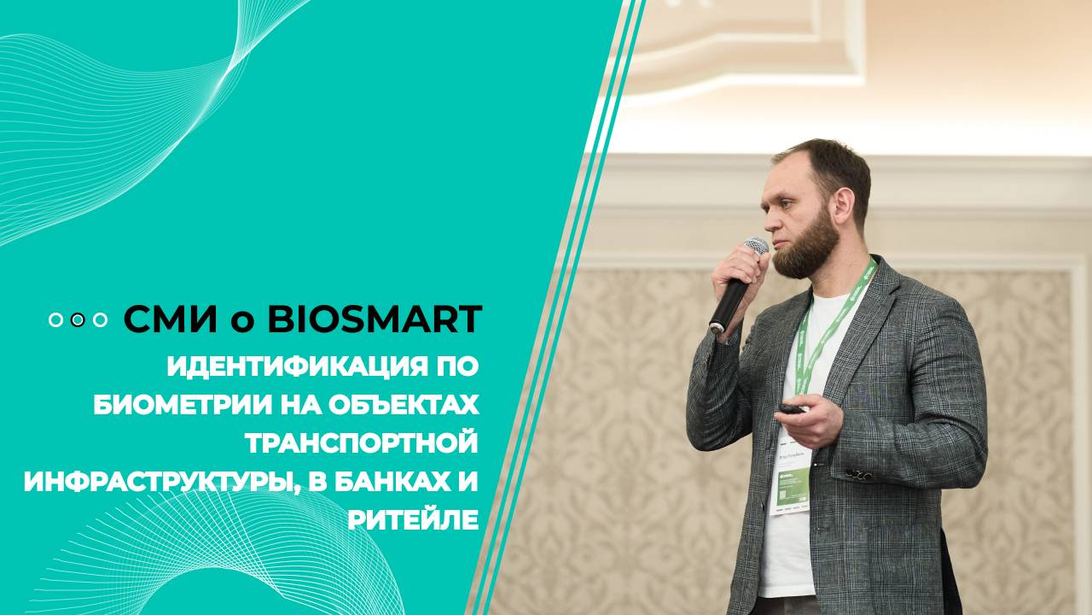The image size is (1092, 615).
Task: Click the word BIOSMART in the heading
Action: click(x=375, y=319)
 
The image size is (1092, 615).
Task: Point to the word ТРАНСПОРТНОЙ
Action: click(x=362, y=442)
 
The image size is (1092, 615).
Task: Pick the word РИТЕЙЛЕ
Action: click(x=412, y=519)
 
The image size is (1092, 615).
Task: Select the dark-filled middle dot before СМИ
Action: click(x=78, y=319)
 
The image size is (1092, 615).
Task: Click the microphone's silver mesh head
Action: click(x=754, y=248)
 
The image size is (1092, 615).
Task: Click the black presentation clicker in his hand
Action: click(x=791, y=410)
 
